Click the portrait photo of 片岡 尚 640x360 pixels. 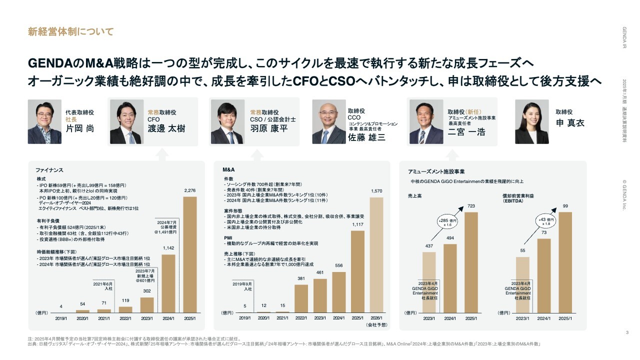(44, 122)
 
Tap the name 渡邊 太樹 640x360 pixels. (166, 128)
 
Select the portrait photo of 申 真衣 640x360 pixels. (532, 122)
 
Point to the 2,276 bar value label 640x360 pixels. (190, 190)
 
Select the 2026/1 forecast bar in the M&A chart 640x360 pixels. (376, 254)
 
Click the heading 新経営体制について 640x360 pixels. (70, 32)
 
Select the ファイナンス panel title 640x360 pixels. (49, 170)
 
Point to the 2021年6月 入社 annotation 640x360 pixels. (104, 285)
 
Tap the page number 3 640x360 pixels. (627, 333)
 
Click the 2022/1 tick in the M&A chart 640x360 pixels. (301, 318)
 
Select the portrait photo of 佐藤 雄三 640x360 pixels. (329, 122)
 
